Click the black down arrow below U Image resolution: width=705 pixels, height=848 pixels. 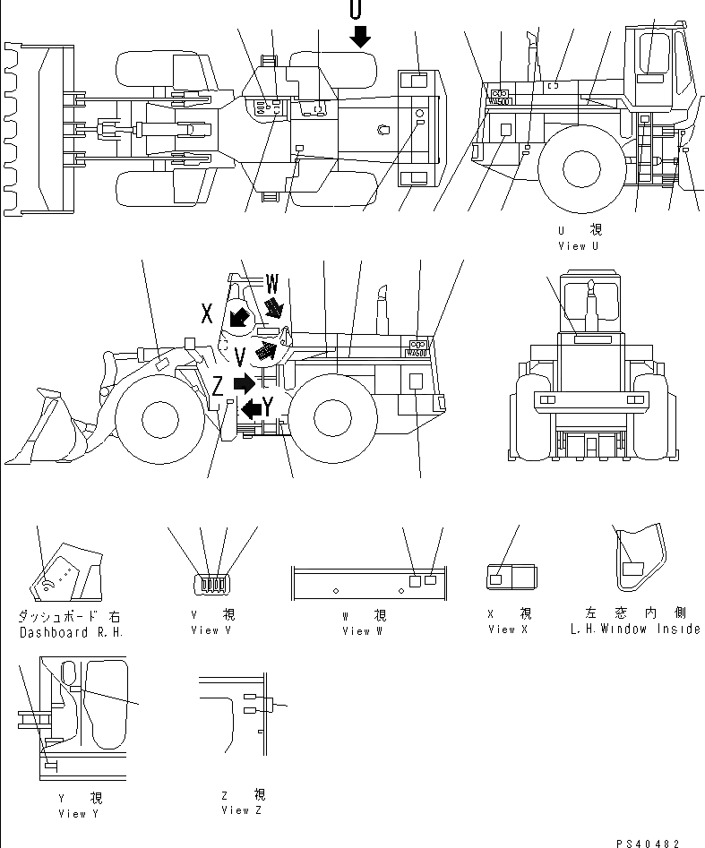[359, 37]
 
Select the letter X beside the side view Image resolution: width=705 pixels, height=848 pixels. [207, 313]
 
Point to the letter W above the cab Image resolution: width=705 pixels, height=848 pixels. [272, 285]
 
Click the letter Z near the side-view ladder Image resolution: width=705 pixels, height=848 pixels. [218, 386]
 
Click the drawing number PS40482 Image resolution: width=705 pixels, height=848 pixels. [649, 843]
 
